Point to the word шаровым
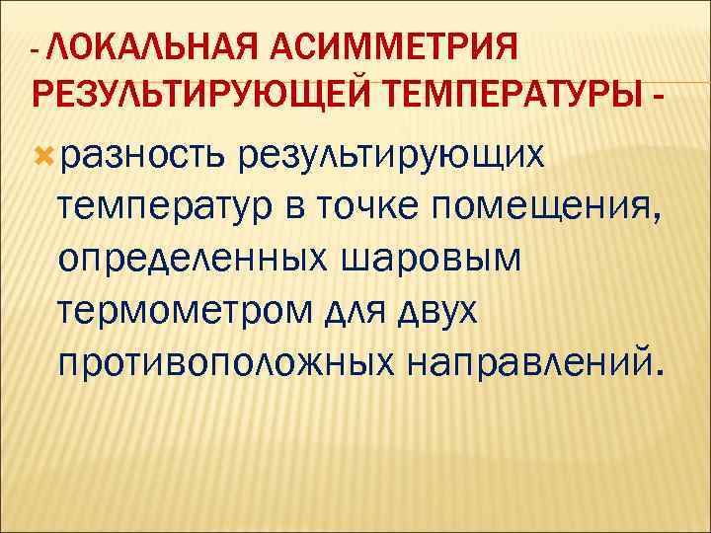(x=428, y=262)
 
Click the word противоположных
(x=223, y=366)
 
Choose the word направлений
(x=523, y=366)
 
